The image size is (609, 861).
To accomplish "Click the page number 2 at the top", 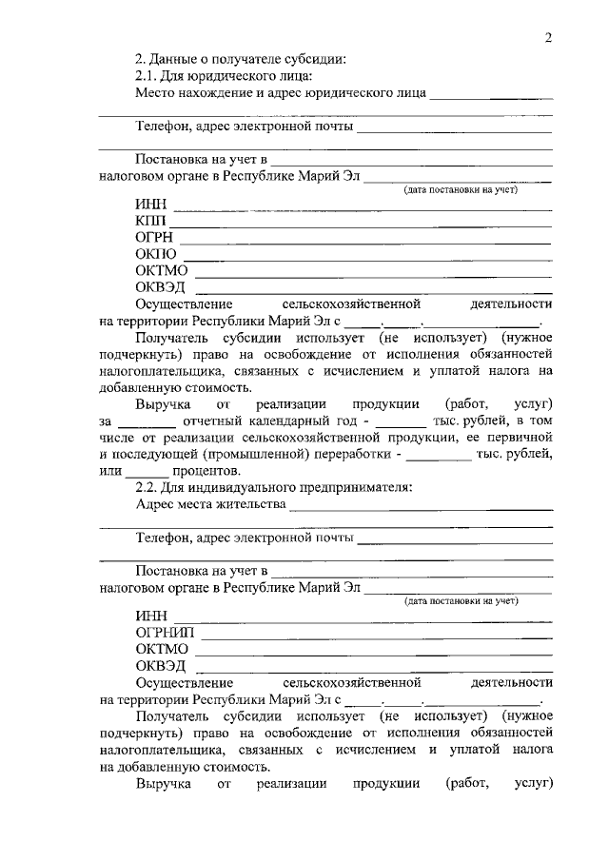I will [548, 37].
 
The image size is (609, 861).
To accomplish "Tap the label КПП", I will [150, 222].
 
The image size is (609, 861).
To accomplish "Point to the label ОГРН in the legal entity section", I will [155, 238].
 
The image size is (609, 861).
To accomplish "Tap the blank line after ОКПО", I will [367, 258].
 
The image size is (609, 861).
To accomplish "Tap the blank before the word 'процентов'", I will [147, 473].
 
